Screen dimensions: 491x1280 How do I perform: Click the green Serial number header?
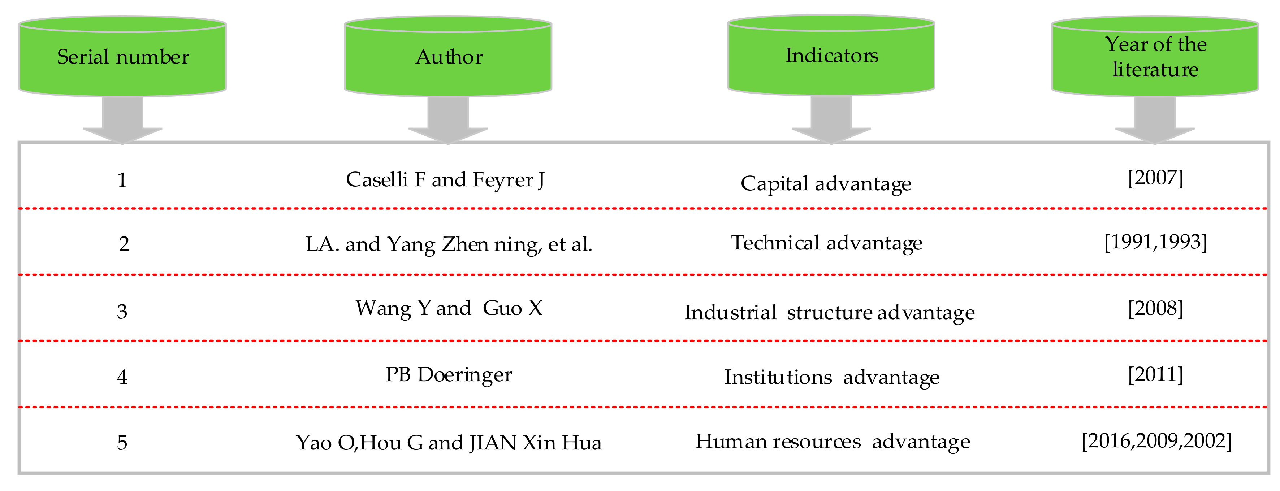[123, 57]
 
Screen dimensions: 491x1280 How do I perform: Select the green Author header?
[448, 57]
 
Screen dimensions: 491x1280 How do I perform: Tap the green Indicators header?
[831, 56]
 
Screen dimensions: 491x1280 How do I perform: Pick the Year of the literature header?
[1155, 57]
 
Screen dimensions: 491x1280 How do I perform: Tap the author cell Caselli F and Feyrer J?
[445, 180]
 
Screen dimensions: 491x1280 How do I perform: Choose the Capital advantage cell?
[826, 184]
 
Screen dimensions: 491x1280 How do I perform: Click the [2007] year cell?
[1156, 178]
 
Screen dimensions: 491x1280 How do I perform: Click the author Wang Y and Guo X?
[449, 308]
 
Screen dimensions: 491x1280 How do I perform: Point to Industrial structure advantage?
[829, 313]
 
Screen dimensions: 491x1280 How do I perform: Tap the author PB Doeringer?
[449, 375]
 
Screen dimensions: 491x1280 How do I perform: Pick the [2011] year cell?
[1156, 374]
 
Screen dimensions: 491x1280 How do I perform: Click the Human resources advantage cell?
[832, 441]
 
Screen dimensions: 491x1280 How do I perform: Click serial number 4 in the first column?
[122, 377]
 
